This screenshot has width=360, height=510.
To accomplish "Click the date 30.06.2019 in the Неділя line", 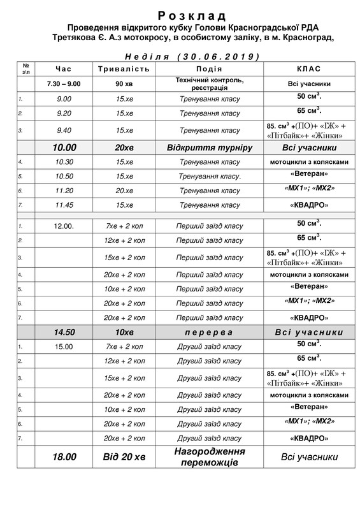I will tap(220, 56).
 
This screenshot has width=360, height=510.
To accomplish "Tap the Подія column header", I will tap(210, 69).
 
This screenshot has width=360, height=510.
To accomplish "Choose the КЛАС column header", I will tap(309, 69).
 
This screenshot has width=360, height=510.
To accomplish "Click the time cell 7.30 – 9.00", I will tap(64, 84).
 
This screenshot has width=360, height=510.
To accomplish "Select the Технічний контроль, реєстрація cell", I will tap(210, 84).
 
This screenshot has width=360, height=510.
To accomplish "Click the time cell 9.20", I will tap(64, 113).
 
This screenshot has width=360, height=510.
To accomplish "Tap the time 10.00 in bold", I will tap(64, 147).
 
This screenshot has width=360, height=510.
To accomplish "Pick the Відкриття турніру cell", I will tap(210, 147).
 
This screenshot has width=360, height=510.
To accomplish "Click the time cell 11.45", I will tap(64, 205).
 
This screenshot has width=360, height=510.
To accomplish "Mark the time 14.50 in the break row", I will tap(64, 332).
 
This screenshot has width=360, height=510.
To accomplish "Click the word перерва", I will tap(210, 332).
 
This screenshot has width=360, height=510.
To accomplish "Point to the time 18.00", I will tap(64, 457).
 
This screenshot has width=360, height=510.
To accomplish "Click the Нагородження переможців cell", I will tap(210, 456).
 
